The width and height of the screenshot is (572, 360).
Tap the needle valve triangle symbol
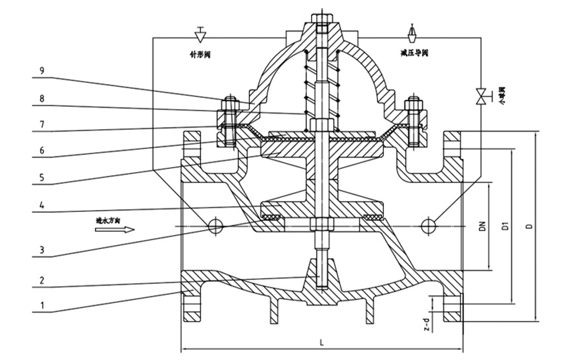pos(200,35)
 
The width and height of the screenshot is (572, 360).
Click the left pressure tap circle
pos(215,226)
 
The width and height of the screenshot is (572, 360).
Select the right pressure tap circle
pos(428,226)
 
